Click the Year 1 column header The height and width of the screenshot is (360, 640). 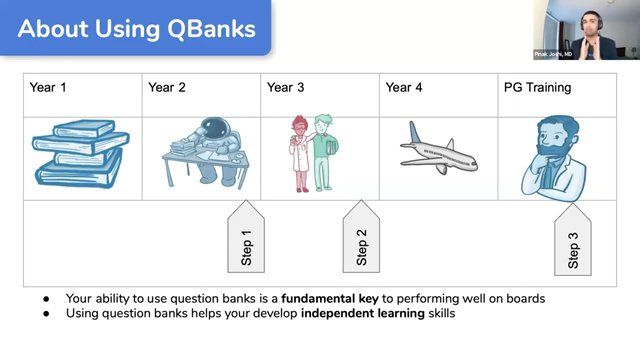[49, 88]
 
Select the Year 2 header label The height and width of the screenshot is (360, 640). [167, 88]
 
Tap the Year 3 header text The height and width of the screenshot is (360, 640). [286, 88]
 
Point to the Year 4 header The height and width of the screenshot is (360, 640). [404, 88]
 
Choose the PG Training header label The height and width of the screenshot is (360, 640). [537, 88]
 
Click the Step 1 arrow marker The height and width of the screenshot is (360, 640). [247, 239]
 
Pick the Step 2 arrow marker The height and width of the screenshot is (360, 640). [362, 239]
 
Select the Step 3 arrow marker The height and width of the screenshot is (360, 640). [573, 243]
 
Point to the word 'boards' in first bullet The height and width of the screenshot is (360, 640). [525, 298]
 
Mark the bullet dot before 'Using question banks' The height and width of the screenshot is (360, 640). [46, 314]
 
